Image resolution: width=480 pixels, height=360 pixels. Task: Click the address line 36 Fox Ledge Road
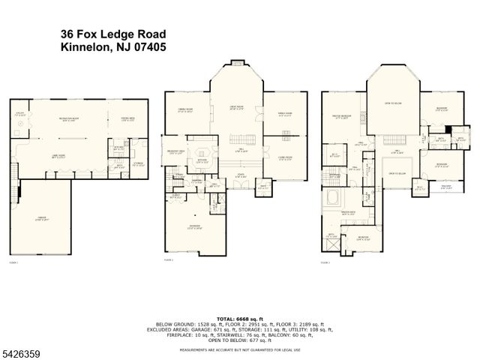(x=112, y=34)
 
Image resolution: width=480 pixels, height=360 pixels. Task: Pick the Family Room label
(x=285, y=115)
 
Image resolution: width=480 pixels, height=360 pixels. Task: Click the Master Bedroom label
(x=342, y=117)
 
